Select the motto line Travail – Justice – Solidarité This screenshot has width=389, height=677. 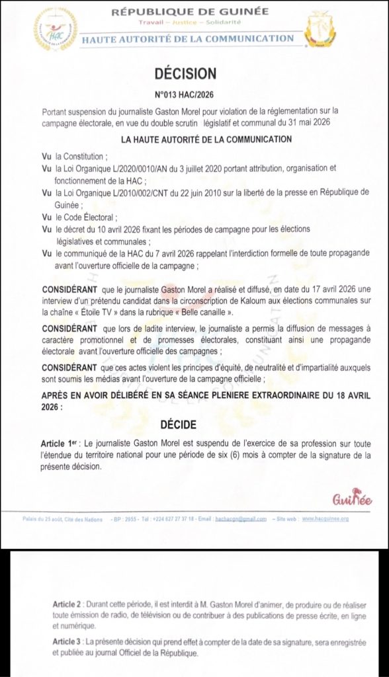click(190, 24)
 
